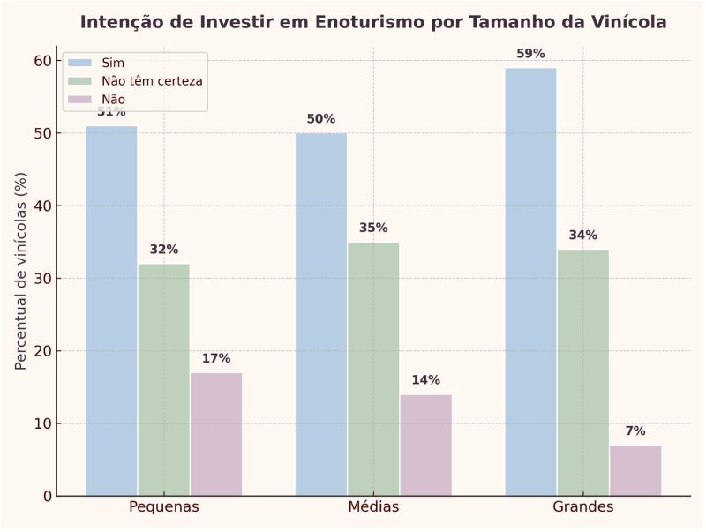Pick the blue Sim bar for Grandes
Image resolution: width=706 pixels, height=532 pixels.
click(x=530, y=281)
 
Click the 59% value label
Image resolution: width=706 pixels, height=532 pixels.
click(x=530, y=54)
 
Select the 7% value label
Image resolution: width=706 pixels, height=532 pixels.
click(x=635, y=431)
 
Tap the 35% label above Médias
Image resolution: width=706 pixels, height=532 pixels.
click(x=373, y=228)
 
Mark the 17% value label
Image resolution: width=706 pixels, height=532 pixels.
click(x=216, y=358)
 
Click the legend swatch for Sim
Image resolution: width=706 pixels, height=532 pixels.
click(x=80, y=63)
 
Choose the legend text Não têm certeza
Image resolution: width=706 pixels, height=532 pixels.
click(x=152, y=81)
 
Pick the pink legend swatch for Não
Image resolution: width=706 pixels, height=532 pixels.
click(x=80, y=99)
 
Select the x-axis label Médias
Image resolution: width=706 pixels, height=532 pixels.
click(x=373, y=507)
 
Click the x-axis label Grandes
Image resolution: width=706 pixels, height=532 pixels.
click(x=582, y=507)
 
